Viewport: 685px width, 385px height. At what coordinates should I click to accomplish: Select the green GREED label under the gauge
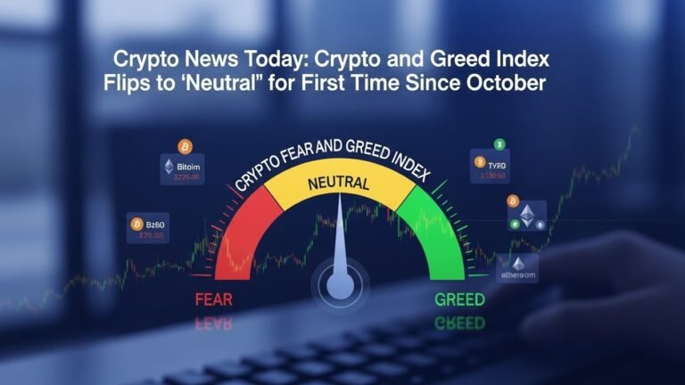461,299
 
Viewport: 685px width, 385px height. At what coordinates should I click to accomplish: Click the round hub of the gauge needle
339,286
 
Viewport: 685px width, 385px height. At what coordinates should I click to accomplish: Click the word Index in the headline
522,61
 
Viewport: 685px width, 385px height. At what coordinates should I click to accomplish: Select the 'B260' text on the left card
153,224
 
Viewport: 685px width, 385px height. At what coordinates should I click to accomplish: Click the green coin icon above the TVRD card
499,143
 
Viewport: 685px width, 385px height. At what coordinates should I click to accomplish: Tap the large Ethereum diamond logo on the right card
526,214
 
